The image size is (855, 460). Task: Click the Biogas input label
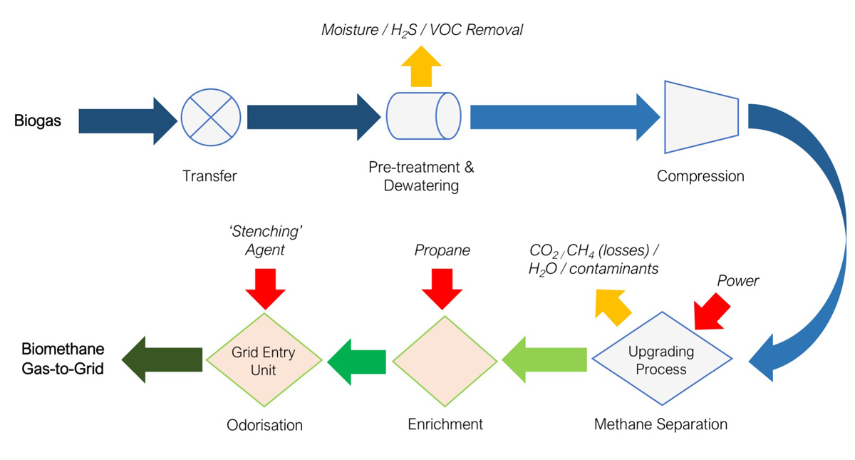38,121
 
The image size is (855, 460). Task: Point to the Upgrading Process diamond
663,360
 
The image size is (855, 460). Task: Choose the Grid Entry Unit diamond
264,361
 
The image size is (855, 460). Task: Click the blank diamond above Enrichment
445,361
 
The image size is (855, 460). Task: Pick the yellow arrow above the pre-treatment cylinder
422,66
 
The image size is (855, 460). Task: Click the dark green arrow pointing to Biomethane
162,359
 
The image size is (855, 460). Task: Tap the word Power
737,281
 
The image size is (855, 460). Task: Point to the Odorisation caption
264,425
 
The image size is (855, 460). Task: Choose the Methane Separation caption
660,424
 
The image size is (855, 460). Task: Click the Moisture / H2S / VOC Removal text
422,30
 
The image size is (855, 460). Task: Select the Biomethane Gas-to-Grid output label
63,359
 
